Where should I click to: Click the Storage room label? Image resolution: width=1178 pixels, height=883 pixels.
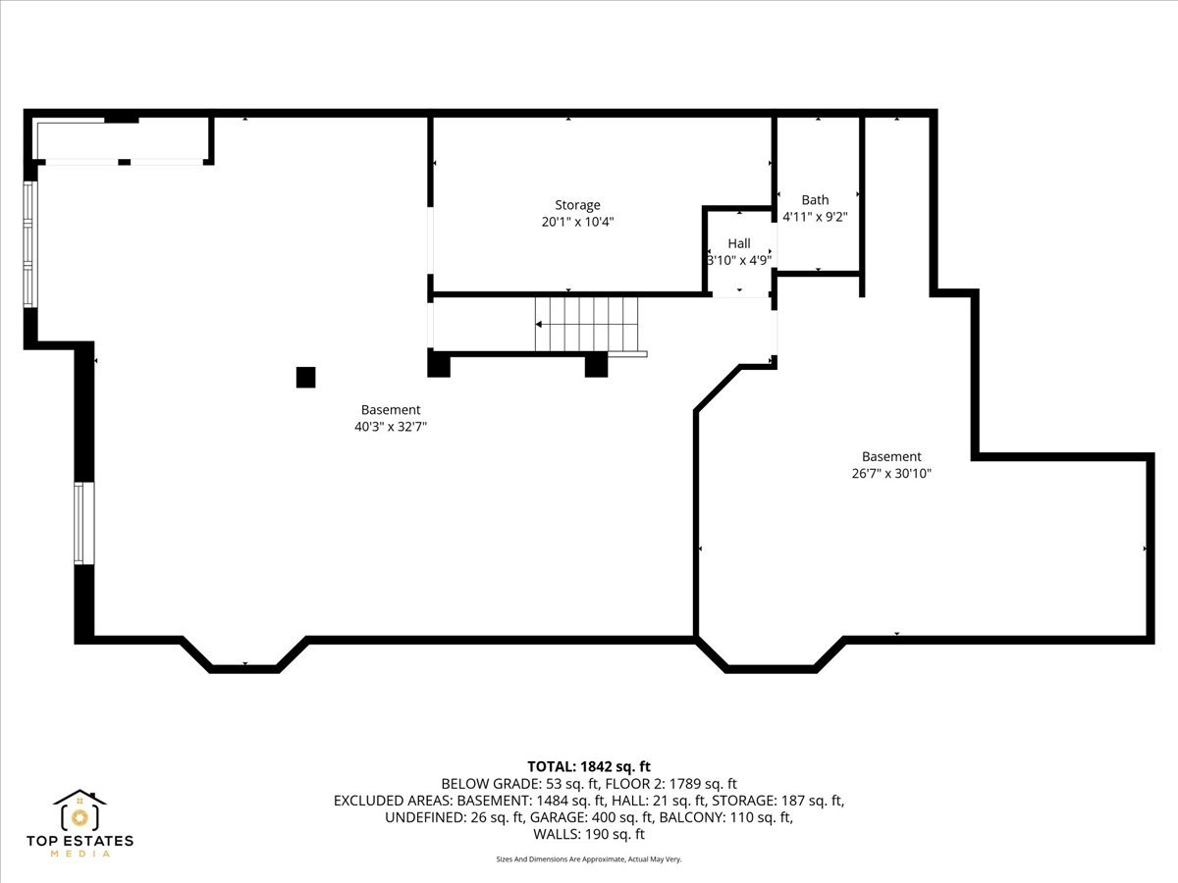[577, 205]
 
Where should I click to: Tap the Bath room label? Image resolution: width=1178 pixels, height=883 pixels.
[815, 200]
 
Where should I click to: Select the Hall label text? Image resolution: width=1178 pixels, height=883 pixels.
[739, 243]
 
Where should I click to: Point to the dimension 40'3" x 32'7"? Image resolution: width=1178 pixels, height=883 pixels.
[391, 427]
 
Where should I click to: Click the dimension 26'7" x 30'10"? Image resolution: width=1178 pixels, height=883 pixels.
[891, 474]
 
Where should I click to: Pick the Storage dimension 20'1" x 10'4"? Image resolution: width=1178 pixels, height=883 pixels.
[577, 222]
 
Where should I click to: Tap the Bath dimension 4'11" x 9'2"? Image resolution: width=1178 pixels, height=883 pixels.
[815, 217]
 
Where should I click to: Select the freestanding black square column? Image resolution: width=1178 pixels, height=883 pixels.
[306, 378]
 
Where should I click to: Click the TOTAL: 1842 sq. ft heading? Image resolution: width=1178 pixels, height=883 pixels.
[589, 766]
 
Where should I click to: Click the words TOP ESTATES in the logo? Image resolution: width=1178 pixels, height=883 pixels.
[80, 841]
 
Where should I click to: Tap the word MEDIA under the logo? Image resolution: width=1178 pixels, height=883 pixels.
[80, 854]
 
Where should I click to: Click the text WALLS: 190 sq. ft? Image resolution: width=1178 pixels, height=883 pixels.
[589, 834]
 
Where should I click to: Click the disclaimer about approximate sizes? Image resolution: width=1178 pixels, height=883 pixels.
[589, 859]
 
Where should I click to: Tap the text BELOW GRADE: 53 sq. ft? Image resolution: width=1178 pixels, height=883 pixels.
[519, 784]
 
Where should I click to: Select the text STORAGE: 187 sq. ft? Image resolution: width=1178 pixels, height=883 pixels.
[777, 801]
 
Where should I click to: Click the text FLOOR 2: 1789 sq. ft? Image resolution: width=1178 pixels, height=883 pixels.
[671, 784]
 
